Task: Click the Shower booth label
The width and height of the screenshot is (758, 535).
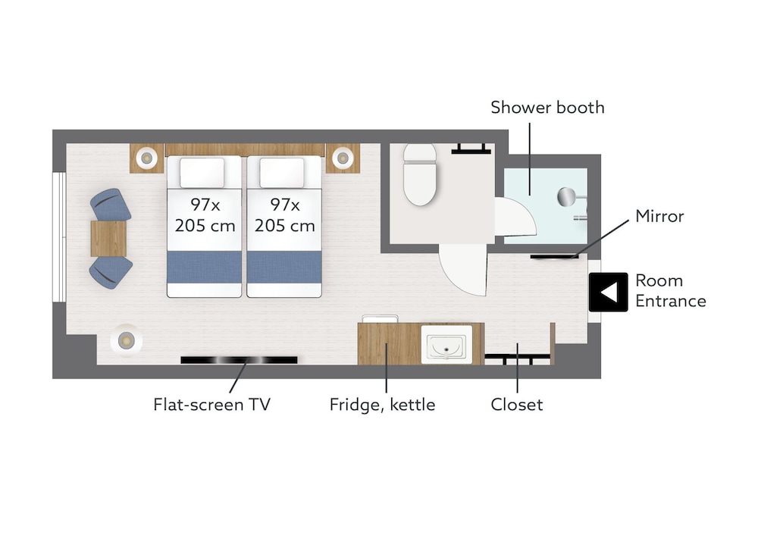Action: (x=547, y=108)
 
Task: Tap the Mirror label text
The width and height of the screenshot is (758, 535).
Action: (x=659, y=216)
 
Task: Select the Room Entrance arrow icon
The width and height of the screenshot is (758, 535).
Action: (x=608, y=292)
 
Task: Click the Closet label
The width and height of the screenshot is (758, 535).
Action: (x=516, y=405)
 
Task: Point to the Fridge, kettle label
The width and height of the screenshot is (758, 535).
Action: (x=382, y=405)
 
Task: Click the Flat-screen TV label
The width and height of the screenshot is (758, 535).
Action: (x=211, y=405)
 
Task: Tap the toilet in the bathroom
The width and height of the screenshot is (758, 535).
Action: (x=420, y=174)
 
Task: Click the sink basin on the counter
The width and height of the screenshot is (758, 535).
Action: (x=446, y=345)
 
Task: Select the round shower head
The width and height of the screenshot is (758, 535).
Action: (x=566, y=197)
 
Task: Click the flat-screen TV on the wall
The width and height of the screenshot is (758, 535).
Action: (x=239, y=360)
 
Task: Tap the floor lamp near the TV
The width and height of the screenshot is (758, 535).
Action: (x=126, y=341)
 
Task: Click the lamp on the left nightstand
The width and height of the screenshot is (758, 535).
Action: (x=146, y=158)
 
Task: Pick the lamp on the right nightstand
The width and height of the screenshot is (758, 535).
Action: (x=343, y=158)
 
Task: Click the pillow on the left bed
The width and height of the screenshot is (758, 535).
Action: (x=202, y=173)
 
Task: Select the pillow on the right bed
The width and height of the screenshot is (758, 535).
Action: (x=282, y=173)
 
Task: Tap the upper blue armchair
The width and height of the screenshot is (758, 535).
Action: (x=110, y=205)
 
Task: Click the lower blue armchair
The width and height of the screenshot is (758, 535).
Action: (x=111, y=272)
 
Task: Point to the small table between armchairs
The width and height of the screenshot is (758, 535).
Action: (x=108, y=239)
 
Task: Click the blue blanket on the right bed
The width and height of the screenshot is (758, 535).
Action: (x=284, y=267)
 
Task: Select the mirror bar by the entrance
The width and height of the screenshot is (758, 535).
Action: (x=555, y=257)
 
